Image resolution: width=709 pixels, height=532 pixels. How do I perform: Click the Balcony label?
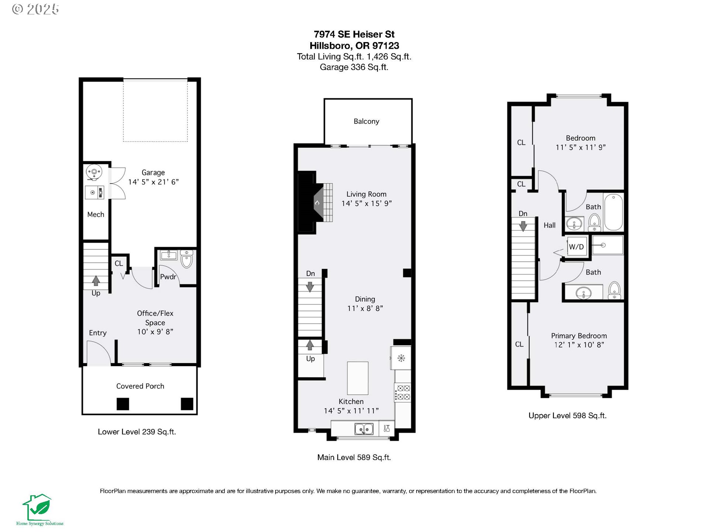(x=366, y=122)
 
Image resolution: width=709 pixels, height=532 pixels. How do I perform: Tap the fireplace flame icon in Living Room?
(x=317, y=202)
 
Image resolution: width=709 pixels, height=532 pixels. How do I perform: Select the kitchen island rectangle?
(x=357, y=378)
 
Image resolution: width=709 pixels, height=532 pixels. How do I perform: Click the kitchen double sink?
(x=364, y=429)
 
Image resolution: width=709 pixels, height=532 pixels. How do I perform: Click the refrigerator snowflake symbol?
(x=401, y=358)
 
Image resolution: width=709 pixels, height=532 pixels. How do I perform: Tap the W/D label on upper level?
(x=576, y=247)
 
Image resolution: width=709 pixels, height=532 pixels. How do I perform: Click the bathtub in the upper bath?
(x=614, y=212)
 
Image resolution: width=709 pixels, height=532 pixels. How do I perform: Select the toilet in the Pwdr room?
(x=187, y=259)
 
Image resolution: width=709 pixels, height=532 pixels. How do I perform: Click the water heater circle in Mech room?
(x=94, y=172)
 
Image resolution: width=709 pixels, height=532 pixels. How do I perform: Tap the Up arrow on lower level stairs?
(x=96, y=281)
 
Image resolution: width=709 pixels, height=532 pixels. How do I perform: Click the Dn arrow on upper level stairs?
(x=523, y=226)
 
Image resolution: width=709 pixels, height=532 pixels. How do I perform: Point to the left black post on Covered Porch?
(x=123, y=404)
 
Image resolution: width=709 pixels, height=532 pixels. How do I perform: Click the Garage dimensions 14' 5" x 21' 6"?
(x=153, y=182)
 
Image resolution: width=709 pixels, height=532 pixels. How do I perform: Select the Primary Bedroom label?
(x=579, y=336)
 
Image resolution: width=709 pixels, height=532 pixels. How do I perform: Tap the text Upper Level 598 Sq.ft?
(x=568, y=416)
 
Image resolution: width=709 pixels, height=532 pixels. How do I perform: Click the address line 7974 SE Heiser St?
(x=354, y=34)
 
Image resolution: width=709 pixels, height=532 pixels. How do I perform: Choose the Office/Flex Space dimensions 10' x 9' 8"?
(x=155, y=332)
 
